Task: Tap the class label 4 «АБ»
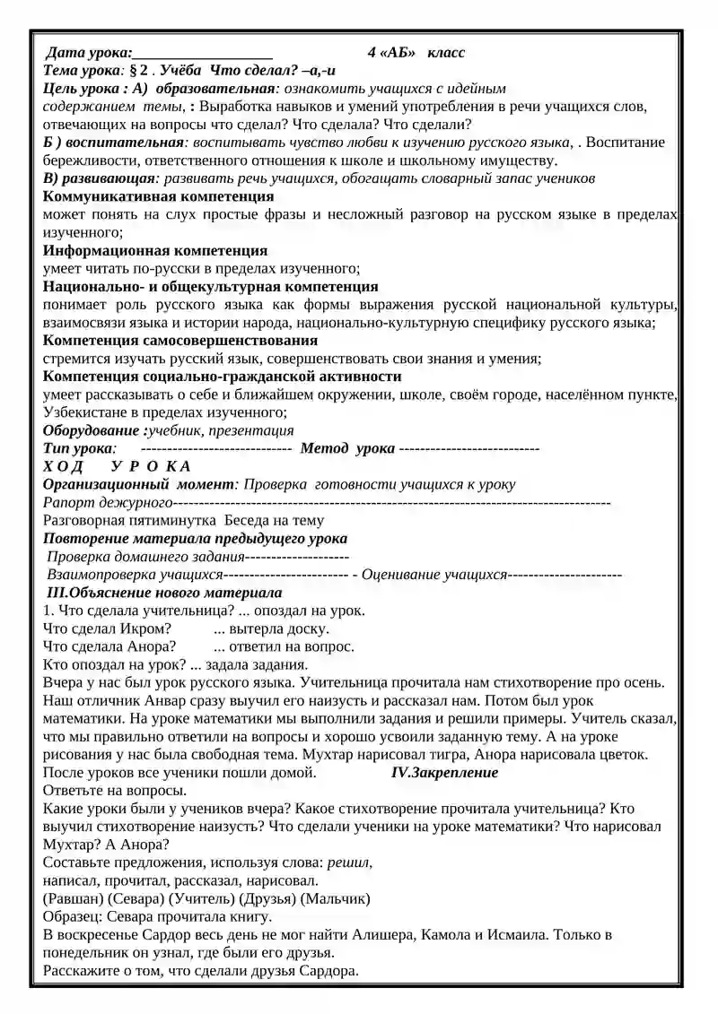coord(392,53)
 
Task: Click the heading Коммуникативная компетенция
coord(139,196)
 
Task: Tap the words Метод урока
coord(347,448)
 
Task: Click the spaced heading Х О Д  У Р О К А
coord(117,466)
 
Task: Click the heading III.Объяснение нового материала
coord(163,593)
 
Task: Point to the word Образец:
coord(73,916)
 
